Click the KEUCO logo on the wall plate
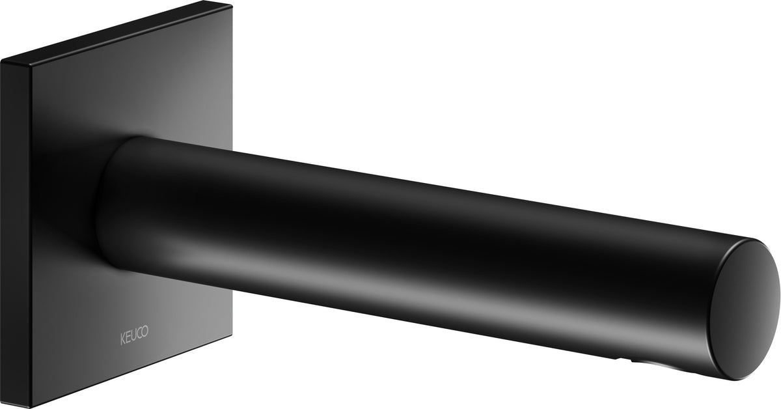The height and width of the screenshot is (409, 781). click(x=134, y=335)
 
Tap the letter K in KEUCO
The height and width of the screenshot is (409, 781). click(x=123, y=339)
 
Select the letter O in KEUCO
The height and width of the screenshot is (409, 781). click(x=145, y=331)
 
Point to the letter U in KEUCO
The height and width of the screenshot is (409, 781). click(x=133, y=336)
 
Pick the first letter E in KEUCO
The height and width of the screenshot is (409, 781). click(x=128, y=338)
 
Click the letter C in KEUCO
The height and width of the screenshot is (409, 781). click(x=139, y=334)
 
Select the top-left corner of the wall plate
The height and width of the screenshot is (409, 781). click(x=1, y=61)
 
